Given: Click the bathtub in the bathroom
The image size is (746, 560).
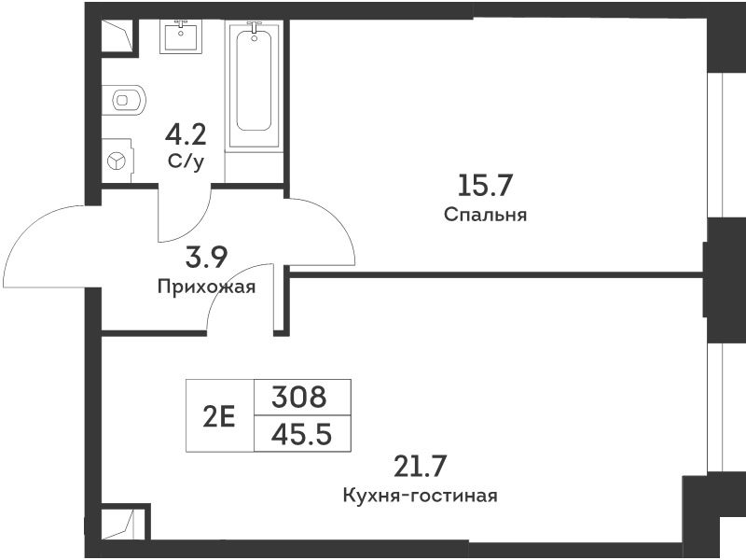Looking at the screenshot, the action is (x=254, y=86).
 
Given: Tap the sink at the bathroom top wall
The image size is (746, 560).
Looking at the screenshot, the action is (x=180, y=36).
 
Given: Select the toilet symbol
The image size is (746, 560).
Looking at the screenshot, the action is (x=124, y=100).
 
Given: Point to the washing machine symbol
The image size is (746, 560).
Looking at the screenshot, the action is (x=117, y=161).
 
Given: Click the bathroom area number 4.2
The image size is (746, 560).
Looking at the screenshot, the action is (x=186, y=134).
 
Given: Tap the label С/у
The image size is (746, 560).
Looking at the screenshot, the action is (x=186, y=162).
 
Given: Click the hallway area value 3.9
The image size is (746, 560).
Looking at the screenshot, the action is (x=206, y=258).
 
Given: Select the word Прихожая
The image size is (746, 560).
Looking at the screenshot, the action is (x=206, y=287).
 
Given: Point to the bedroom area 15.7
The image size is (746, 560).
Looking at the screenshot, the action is (x=485, y=185).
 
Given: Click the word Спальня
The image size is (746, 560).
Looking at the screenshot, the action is (x=485, y=215).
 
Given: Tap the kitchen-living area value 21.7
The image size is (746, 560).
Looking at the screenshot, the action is (x=421, y=466).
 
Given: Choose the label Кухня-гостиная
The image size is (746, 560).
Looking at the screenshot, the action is (x=421, y=496).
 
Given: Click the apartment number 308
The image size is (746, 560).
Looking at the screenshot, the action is (x=299, y=398).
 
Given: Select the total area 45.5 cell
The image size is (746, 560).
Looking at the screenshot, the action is (x=301, y=434).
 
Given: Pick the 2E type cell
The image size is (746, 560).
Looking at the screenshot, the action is (x=219, y=416).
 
